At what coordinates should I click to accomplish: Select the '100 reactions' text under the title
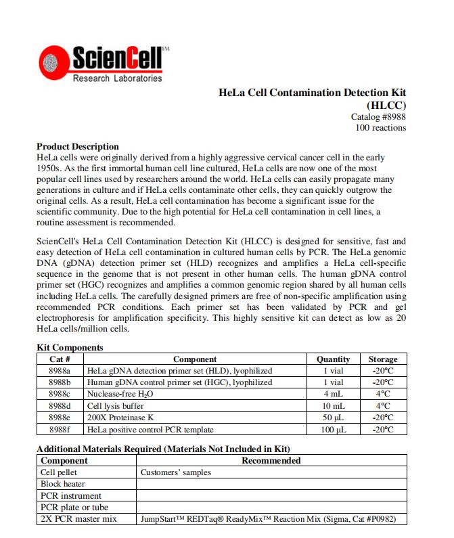click(x=381, y=127)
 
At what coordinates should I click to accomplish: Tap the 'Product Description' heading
click(x=77, y=146)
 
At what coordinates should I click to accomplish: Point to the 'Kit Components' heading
click(x=70, y=348)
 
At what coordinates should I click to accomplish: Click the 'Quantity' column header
click(x=333, y=359)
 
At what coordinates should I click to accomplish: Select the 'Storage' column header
click(x=383, y=359)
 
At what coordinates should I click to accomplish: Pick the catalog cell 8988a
click(x=60, y=371)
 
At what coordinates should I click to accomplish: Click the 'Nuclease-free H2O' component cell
click(x=120, y=394)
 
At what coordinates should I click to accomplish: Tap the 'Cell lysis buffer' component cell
click(x=115, y=405)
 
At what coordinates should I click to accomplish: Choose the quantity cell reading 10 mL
click(x=333, y=405)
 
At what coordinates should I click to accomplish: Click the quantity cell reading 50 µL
click(x=333, y=417)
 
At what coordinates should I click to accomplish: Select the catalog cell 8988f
click(x=60, y=429)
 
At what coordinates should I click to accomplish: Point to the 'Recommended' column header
click(x=271, y=461)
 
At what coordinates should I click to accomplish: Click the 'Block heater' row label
click(x=61, y=485)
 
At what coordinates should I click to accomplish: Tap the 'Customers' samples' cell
click(x=176, y=472)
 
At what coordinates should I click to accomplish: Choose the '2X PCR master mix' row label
click(x=78, y=519)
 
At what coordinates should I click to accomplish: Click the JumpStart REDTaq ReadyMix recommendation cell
click(x=268, y=519)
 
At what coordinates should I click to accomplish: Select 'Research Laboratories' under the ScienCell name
click(x=117, y=79)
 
